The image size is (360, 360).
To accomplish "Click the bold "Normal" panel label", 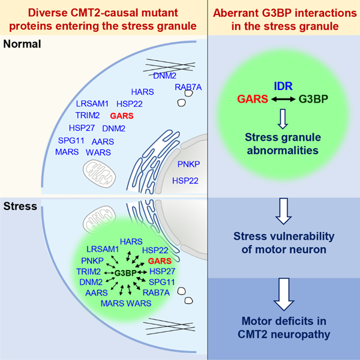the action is click(x=22, y=44).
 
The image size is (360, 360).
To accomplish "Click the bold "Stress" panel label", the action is click(x=20, y=206).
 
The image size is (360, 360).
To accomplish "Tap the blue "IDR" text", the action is click(x=283, y=86).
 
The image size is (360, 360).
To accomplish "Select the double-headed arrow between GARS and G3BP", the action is click(x=283, y=99).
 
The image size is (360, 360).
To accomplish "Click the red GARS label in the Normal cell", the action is click(x=122, y=116).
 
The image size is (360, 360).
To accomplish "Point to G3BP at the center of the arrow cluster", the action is click(x=125, y=273).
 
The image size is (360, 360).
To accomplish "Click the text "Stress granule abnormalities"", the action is click(x=283, y=144).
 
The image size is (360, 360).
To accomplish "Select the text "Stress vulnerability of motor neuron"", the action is click(x=284, y=242).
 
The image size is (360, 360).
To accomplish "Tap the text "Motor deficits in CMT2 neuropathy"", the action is click(x=284, y=328).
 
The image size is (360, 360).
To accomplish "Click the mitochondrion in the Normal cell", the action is click(x=99, y=173).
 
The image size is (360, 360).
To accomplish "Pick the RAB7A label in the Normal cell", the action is click(x=188, y=87).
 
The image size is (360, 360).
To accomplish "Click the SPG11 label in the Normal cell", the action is click(x=71, y=140).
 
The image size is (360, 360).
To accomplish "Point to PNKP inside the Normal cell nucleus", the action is click(x=189, y=164).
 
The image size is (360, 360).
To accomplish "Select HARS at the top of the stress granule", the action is click(x=131, y=242).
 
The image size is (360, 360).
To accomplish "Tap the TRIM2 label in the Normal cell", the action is click(x=88, y=115).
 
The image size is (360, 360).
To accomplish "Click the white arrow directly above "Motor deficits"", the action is click(x=284, y=294).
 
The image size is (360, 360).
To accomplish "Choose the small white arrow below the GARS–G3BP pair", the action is click(x=283, y=119).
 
